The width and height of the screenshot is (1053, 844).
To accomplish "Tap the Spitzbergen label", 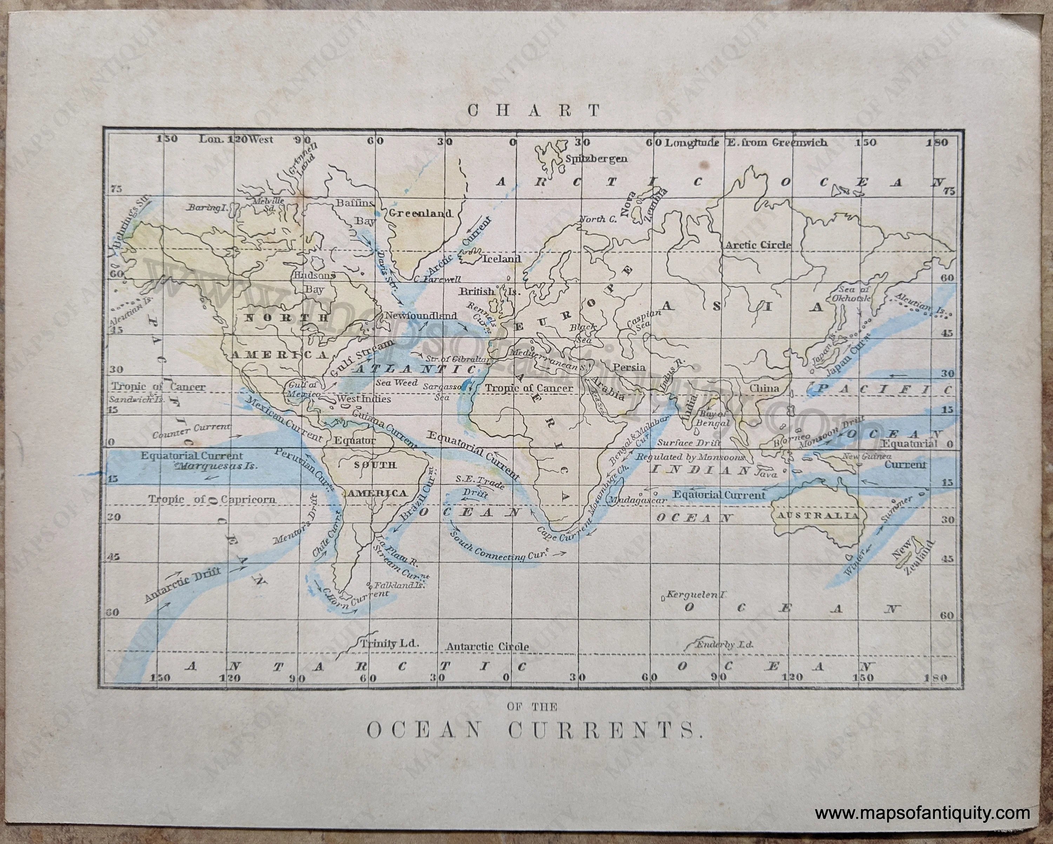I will (x=596, y=159).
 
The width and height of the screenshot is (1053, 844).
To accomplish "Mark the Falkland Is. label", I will (x=399, y=585).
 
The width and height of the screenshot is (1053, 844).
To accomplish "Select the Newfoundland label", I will (x=421, y=316).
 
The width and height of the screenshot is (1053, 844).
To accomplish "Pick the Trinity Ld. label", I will (x=389, y=643).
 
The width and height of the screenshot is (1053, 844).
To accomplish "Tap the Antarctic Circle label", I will (x=487, y=647).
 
